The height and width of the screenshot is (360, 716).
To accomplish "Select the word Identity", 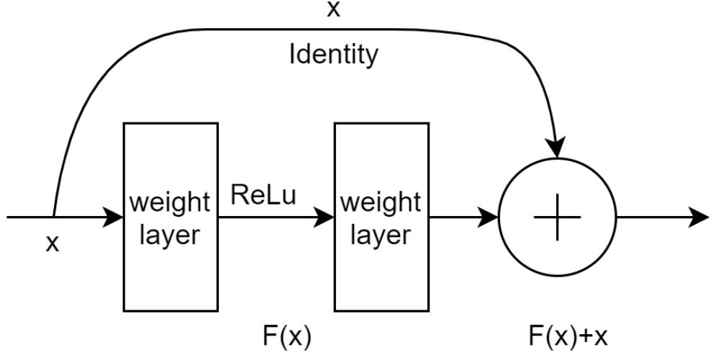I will click(x=333, y=55).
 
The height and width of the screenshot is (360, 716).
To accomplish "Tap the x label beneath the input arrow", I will click(x=52, y=243).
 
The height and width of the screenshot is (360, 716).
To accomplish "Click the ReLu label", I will click(x=263, y=196).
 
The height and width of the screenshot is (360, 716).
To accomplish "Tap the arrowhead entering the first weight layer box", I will click(x=114, y=217).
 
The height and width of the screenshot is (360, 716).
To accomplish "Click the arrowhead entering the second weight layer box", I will click(x=325, y=217).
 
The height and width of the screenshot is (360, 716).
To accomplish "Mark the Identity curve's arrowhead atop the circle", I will click(x=556, y=148).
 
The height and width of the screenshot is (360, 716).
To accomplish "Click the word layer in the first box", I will click(x=170, y=235).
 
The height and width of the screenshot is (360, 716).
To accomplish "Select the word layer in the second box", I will click(x=381, y=235).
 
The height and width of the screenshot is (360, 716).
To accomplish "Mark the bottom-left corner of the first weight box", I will click(x=124, y=311).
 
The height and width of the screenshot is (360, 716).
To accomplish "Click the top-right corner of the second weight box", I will click(x=428, y=123).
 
